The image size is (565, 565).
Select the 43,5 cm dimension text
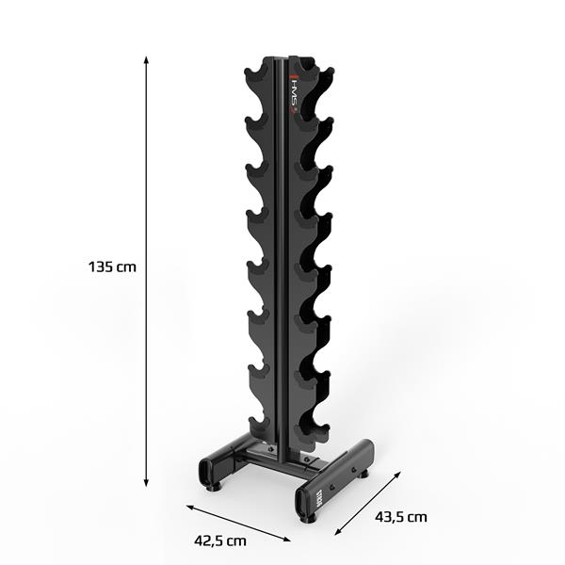401,516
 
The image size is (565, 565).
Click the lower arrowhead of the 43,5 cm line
336,534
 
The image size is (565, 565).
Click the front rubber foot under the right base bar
308,517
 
